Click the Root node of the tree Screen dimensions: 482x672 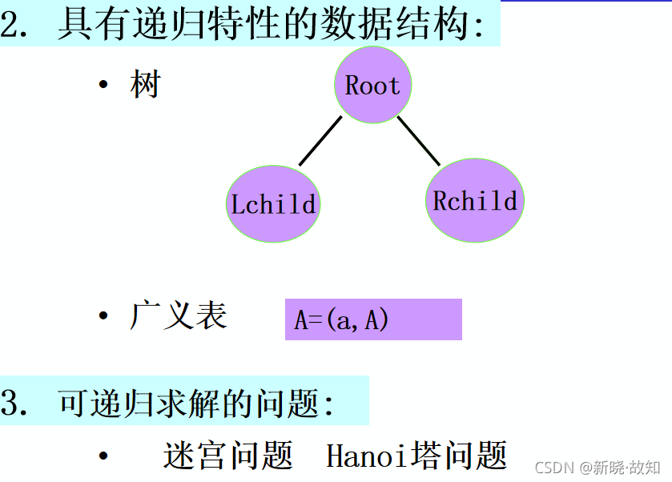(372, 86)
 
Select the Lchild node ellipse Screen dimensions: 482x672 (273, 203)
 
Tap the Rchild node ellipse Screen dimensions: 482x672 (475, 200)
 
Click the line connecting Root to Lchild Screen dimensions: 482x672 (320, 141)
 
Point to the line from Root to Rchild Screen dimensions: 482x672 (419, 141)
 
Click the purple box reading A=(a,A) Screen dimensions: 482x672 (373, 319)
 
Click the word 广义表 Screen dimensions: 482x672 (178, 315)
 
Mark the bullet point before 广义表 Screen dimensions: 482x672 (103, 316)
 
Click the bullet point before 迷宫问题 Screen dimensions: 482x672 (103, 456)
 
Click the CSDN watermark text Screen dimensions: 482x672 (553, 467)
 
